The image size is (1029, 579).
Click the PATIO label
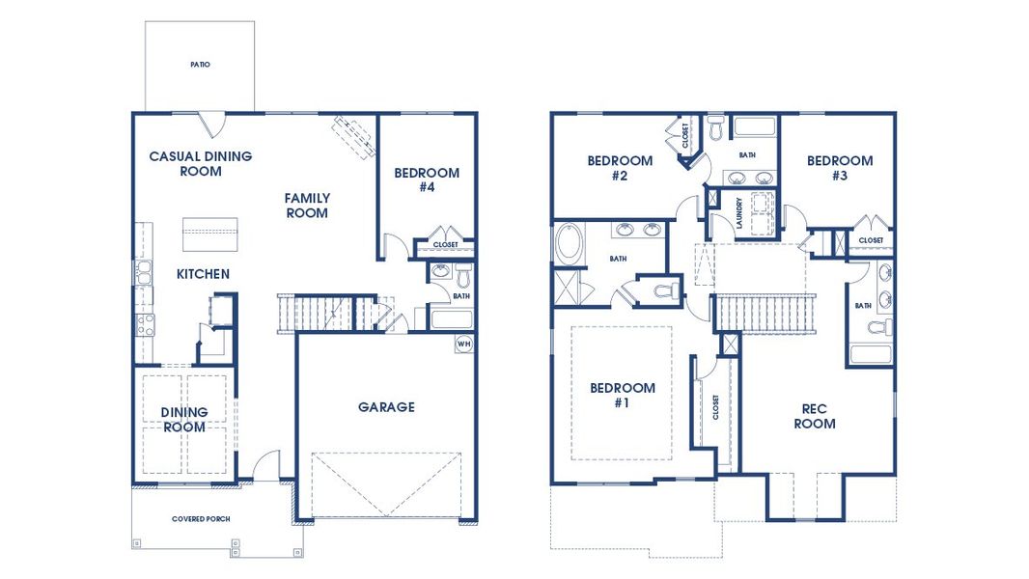[200, 65]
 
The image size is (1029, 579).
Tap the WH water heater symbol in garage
[463, 344]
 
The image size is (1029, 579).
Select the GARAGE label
[386, 407]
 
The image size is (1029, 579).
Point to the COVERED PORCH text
[201, 519]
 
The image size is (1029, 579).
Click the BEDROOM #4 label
[427, 180]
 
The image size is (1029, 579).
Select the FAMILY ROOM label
[307, 206]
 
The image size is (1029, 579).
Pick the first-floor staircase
[315, 314]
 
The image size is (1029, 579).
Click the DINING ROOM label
[183, 420]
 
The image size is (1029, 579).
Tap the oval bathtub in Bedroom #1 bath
[568, 244]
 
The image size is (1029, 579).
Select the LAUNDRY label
[737, 211]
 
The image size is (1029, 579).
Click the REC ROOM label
[815, 416]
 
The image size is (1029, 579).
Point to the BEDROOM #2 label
[620, 168]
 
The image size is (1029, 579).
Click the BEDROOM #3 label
[840, 168]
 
